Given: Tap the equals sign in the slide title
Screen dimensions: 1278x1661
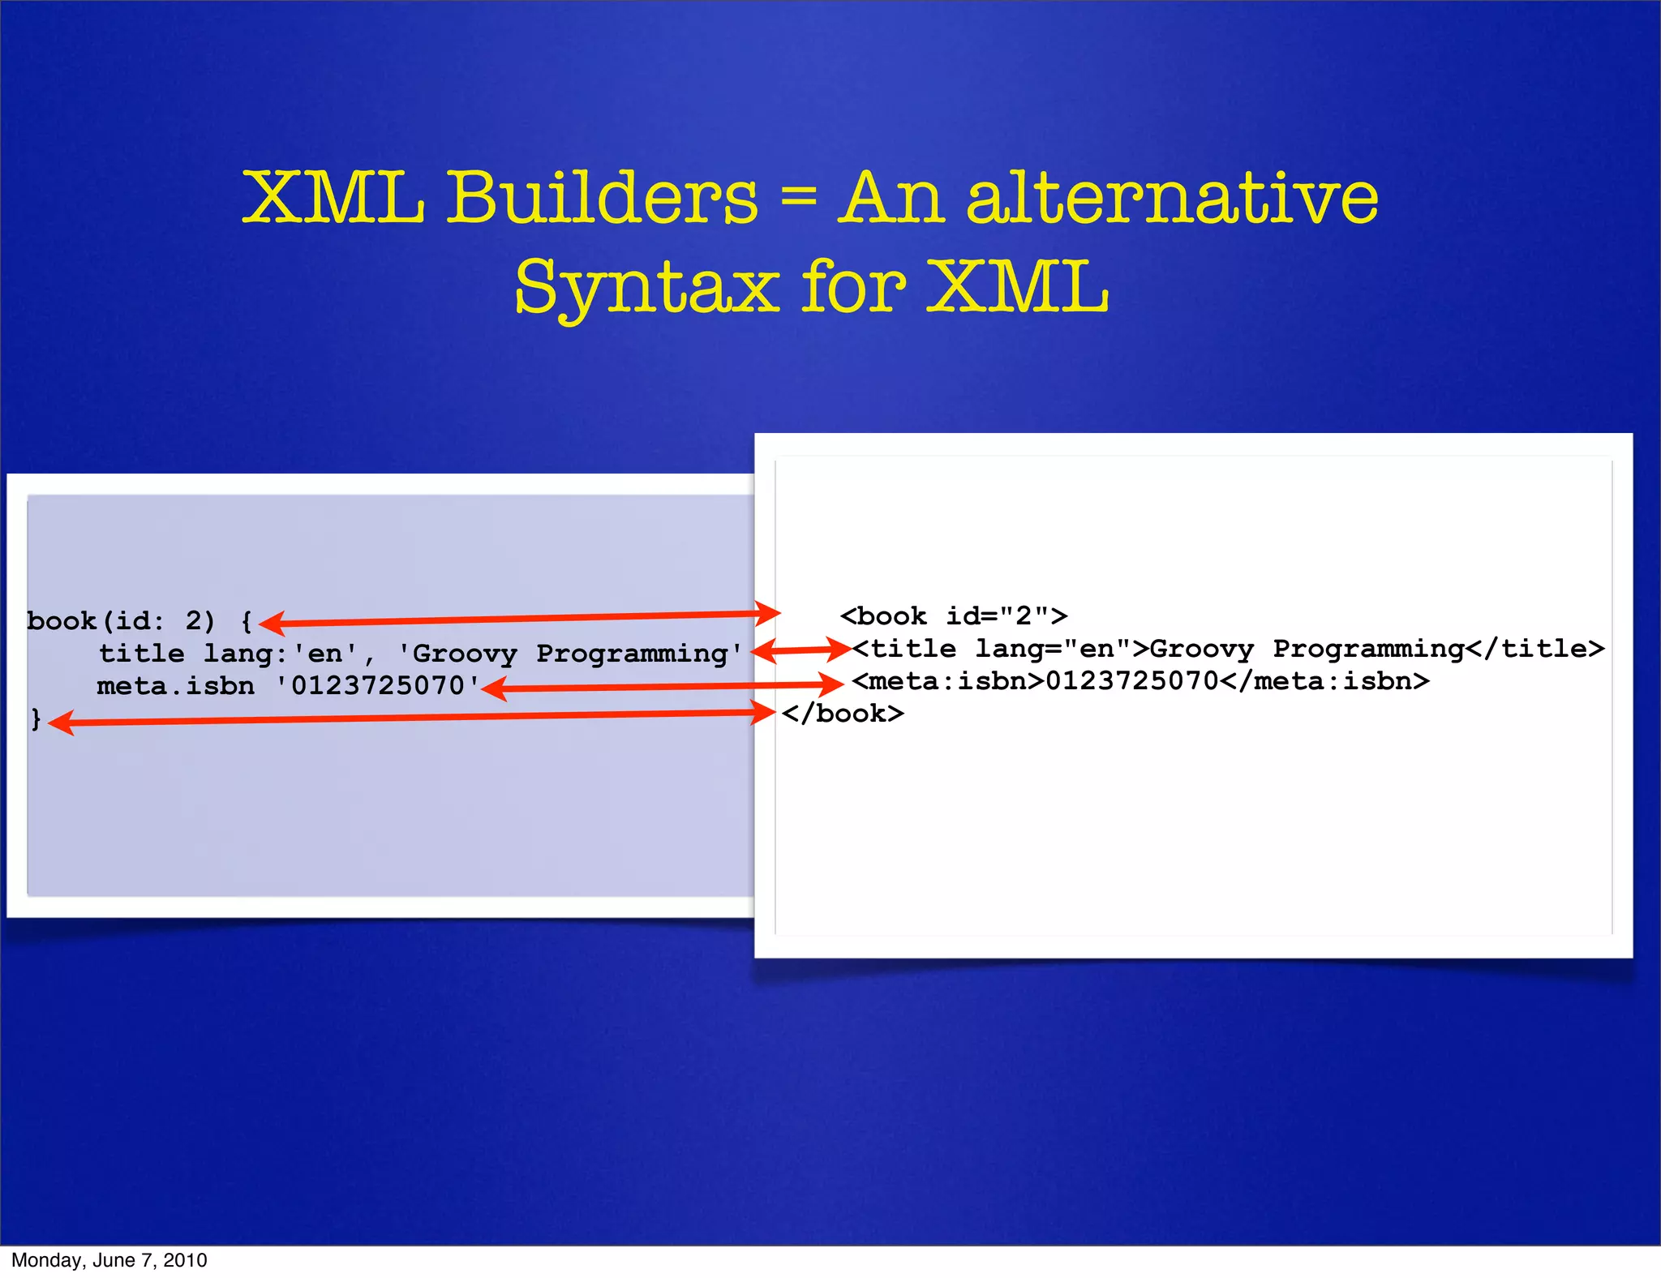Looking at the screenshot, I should (799, 200).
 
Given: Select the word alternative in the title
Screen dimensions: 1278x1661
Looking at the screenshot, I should (1173, 199).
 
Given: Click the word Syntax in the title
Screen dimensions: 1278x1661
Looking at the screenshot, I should (646, 288).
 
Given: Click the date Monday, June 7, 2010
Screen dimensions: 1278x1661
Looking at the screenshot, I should (109, 1259).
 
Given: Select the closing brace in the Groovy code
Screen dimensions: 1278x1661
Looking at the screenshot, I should (35, 718).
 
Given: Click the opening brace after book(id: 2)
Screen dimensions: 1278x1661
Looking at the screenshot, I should (246, 622).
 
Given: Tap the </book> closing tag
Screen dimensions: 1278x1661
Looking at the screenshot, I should (843, 714).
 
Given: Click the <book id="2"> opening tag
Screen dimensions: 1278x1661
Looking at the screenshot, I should (954, 616).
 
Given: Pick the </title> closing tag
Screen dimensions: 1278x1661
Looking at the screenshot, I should (1535, 649).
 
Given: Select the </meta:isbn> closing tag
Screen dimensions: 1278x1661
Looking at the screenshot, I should (1324, 681).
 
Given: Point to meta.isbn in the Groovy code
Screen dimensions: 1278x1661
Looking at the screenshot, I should (175, 686).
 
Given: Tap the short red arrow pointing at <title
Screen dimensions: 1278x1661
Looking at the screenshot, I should (800, 650).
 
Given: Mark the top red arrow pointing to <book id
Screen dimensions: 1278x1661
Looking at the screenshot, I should (519, 618).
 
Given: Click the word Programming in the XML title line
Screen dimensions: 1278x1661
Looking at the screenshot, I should (1368, 649).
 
